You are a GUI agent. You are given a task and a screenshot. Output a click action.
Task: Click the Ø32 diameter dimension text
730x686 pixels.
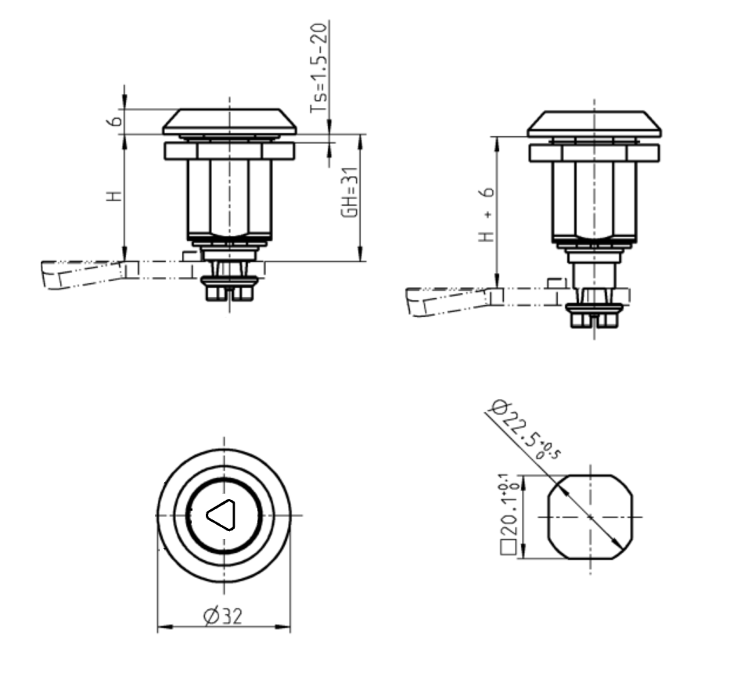click(x=222, y=617)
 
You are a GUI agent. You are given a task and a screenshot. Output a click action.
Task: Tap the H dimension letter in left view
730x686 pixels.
click(x=115, y=196)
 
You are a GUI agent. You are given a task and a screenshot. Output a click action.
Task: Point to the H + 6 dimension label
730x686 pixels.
click(x=487, y=214)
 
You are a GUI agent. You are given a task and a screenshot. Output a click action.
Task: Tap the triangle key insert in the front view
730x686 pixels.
click(x=221, y=515)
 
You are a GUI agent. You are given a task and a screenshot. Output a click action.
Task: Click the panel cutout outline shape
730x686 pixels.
click(x=591, y=517)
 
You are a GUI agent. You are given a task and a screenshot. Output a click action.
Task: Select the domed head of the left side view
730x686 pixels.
click(x=229, y=121)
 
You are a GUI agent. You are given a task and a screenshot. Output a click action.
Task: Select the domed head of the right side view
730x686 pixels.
click(x=593, y=123)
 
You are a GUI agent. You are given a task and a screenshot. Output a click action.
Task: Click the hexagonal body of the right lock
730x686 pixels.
click(x=593, y=199)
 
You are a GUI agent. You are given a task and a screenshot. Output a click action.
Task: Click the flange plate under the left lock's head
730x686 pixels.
click(x=229, y=151)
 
